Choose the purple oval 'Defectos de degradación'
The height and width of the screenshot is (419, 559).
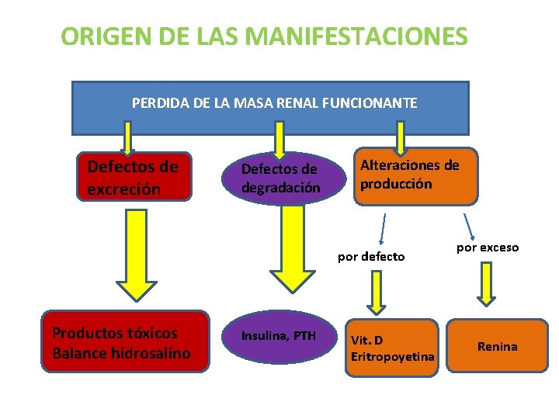280,178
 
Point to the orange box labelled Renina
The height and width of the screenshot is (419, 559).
497,346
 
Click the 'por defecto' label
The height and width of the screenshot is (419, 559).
371,257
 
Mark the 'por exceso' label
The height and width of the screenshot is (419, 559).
488,248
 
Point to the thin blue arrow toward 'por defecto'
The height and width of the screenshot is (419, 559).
382,228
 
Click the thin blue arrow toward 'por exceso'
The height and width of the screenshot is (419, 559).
470,226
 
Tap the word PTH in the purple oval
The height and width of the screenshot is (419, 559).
304,336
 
